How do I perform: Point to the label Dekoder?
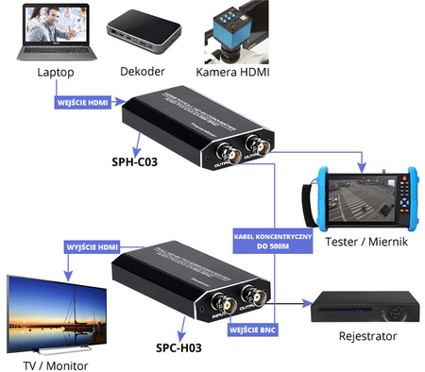click(143, 73)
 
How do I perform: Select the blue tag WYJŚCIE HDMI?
click(93, 246)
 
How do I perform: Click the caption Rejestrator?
click(366, 336)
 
